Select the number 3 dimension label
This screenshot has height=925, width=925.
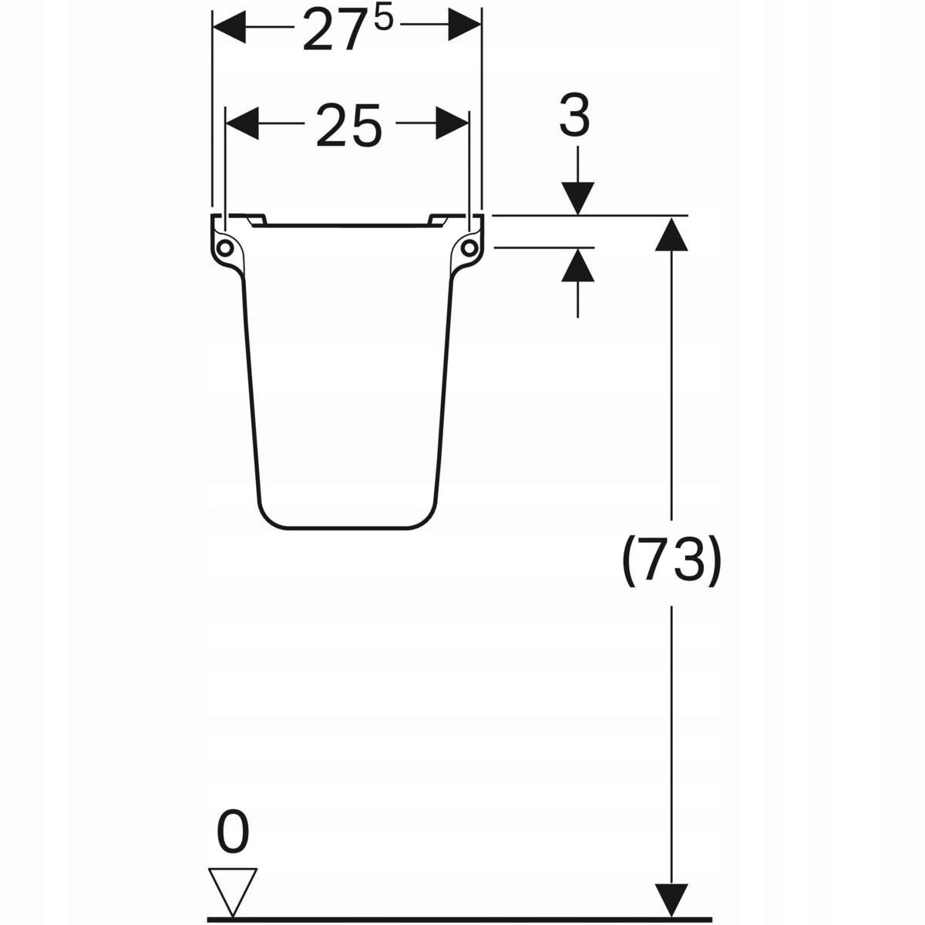pyautogui.click(x=574, y=117)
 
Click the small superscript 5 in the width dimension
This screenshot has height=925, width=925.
pyautogui.click(x=384, y=20)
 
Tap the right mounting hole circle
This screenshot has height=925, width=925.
pyautogui.click(x=468, y=247)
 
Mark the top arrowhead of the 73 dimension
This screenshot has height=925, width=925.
pyautogui.click(x=672, y=233)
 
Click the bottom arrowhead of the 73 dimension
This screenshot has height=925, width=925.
pyautogui.click(x=672, y=900)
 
